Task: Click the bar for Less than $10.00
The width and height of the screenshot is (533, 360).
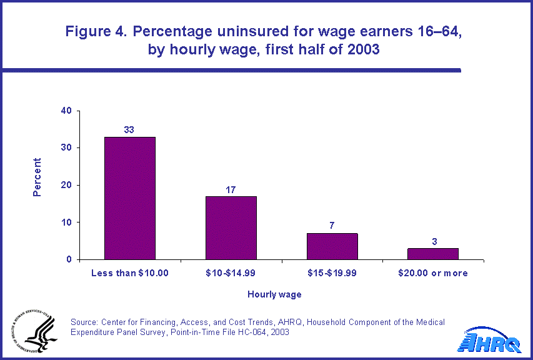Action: tap(129, 197)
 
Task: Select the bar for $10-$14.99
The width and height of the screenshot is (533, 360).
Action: tap(231, 227)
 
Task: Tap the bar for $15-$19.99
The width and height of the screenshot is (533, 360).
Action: tap(332, 246)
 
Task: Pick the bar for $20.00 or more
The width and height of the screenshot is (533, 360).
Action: tap(433, 254)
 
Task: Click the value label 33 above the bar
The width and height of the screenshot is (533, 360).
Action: tap(129, 130)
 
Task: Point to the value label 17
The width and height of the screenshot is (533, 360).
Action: tap(231, 189)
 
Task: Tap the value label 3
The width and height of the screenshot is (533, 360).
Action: tap(433, 241)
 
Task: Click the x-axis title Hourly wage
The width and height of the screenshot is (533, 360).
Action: tap(274, 294)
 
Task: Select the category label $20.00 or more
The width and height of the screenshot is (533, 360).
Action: tap(433, 273)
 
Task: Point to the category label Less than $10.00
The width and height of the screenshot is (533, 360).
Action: tap(129, 273)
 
